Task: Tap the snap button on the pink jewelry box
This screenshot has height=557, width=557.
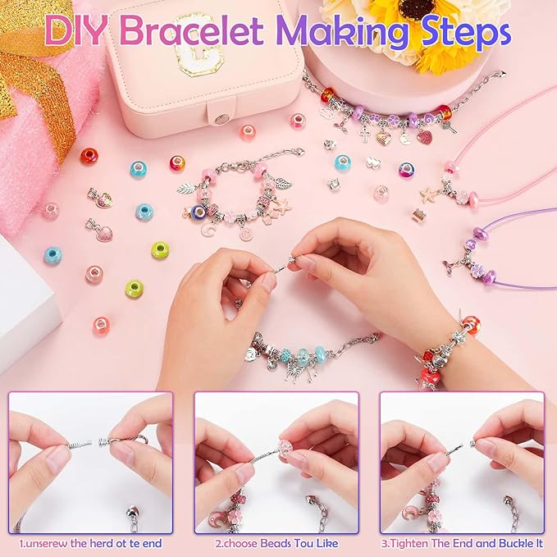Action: (x=221, y=119)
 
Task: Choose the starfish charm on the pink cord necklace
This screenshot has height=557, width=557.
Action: (x=428, y=194)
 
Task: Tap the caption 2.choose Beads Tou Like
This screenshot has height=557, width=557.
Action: (x=277, y=542)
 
